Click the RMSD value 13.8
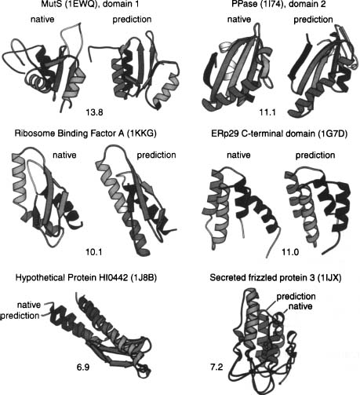pos(94,112)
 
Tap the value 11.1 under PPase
pos(267,112)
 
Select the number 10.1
pos(93,252)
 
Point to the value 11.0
pos(290,252)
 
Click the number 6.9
pos(83,367)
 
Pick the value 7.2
pos(216,367)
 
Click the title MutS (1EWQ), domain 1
pos(90,4)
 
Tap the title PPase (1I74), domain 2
pos(278,4)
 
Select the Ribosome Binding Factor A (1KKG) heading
pos(85,133)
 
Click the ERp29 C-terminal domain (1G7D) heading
pos(279,133)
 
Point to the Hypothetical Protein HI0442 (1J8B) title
pos(86,277)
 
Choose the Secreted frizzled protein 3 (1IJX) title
pos(275,277)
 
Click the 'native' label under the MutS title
pos(42,20)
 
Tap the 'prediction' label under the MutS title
pos(132,20)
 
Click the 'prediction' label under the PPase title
pos(313,20)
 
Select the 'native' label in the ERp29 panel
pos(238,155)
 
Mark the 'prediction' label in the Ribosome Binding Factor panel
pos(156,155)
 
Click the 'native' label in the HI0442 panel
pos(29,305)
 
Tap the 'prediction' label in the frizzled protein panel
pos(296,297)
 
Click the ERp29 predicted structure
pos(318,210)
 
